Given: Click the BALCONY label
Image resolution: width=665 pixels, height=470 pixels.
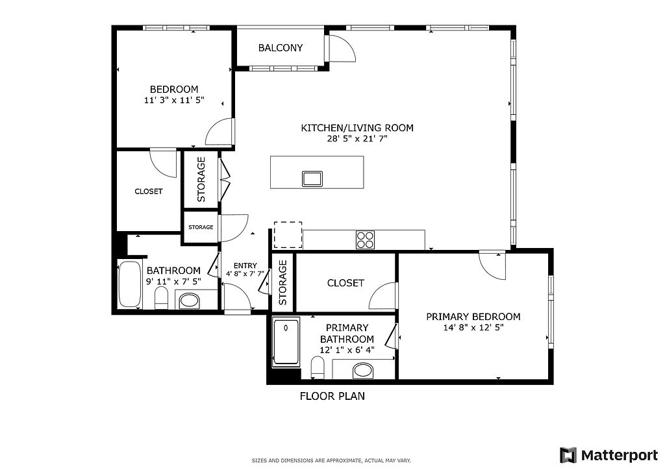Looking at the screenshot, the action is coord(281,48).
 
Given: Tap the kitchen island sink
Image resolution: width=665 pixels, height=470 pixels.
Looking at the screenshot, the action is coord(312,179).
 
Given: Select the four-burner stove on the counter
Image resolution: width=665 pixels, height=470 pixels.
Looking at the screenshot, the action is coord(365,240).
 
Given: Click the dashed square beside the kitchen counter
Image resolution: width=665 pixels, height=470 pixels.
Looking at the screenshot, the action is coord(288,235).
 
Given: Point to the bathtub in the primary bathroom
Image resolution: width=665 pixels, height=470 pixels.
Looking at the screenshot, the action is coord(286,342).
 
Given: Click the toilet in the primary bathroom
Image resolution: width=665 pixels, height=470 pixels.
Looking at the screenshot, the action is coord(318,367).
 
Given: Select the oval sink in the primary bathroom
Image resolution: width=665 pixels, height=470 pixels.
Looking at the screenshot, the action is coord(363,371).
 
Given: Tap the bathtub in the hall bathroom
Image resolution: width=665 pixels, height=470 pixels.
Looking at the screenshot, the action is coord(130,284).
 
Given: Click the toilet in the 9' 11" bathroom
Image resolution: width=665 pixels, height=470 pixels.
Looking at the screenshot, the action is coord(162,298).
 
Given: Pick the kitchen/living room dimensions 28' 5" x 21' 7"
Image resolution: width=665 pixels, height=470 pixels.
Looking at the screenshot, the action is coord(357,138).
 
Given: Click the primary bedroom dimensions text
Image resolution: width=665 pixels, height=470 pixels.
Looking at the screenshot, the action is coord(473,327).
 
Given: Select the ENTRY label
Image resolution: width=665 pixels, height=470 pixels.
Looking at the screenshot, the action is coord(245,266).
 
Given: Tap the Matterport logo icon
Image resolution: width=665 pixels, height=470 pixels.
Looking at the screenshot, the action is coord(568,455).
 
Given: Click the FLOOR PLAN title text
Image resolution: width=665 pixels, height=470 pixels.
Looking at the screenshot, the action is coord(332,396).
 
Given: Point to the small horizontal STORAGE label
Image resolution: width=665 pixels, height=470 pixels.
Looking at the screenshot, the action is coord(201,227).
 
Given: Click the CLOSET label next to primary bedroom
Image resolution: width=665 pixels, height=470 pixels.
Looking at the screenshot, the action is coord(345,283).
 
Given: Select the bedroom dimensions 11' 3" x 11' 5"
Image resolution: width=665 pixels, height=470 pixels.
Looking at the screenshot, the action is coord(174,101).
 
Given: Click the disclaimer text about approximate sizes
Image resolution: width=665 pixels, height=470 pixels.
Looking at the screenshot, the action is coord(331,460).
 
